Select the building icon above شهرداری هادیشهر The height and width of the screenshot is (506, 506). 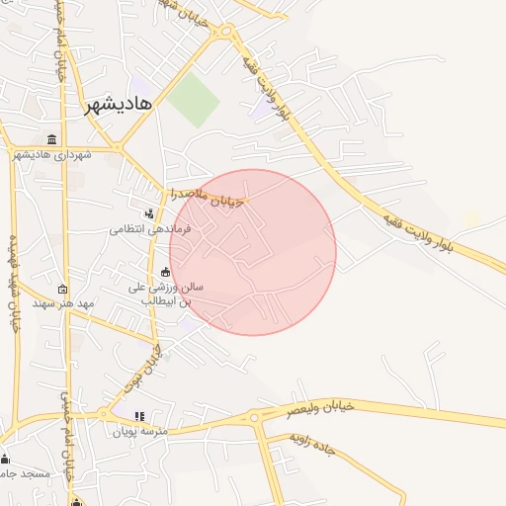[51, 138]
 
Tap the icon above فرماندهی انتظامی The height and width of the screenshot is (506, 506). [148, 212]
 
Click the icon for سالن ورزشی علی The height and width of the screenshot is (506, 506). [165, 273]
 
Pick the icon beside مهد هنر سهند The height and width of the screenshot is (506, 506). [63, 290]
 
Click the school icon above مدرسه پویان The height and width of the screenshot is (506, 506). [139, 416]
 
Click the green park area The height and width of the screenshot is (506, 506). [193, 100]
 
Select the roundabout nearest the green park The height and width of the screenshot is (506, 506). [226, 32]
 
